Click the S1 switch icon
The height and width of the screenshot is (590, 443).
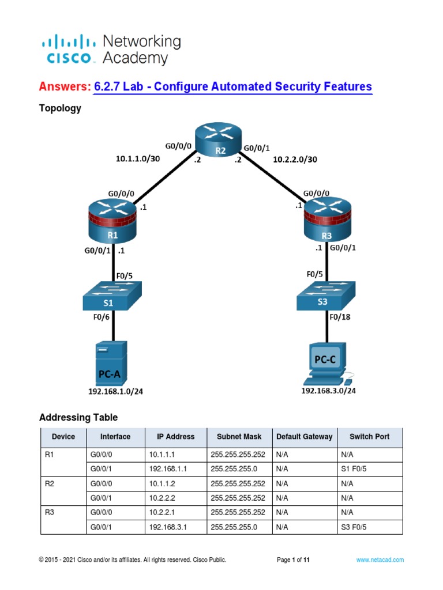[112, 298]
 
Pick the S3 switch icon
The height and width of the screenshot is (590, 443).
[326, 298]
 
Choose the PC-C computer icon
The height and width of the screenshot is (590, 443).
[327, 364]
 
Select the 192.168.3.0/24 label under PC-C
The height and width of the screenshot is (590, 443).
[328, 391]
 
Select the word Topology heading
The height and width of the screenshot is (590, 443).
[60, 108]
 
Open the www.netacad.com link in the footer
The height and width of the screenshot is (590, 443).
[380, 559]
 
